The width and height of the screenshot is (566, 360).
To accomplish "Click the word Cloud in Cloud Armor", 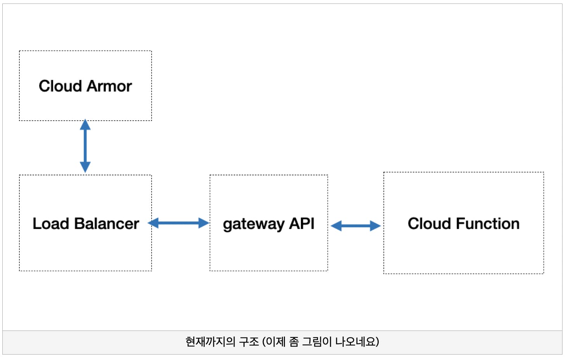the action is (60, 86).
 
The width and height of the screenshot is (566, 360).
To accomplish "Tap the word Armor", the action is (109, 86).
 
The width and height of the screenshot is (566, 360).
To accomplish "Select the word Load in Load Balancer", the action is (51, 223).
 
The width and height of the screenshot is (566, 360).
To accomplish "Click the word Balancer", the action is (107, 223).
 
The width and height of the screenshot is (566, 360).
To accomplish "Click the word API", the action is (302, 223).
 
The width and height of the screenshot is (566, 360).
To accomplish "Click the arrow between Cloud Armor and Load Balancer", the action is (85, 146).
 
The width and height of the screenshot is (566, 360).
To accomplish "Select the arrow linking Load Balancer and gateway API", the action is (178, 223).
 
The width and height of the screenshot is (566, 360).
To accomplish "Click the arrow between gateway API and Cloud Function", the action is (356, 226).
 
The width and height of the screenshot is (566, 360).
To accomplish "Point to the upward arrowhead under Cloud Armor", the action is (85, 125).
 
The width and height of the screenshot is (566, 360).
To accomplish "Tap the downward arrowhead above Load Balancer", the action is (85, 167).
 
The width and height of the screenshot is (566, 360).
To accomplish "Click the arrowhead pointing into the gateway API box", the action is (204, 223).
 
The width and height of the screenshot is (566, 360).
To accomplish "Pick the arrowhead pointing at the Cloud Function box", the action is (376, 226).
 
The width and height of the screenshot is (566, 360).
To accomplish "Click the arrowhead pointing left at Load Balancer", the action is (153, 223).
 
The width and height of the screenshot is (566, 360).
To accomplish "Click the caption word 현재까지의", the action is (211, 342).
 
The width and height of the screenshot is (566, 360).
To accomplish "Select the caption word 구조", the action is (249, 342).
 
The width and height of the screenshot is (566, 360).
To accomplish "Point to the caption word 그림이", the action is (317, 342).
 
